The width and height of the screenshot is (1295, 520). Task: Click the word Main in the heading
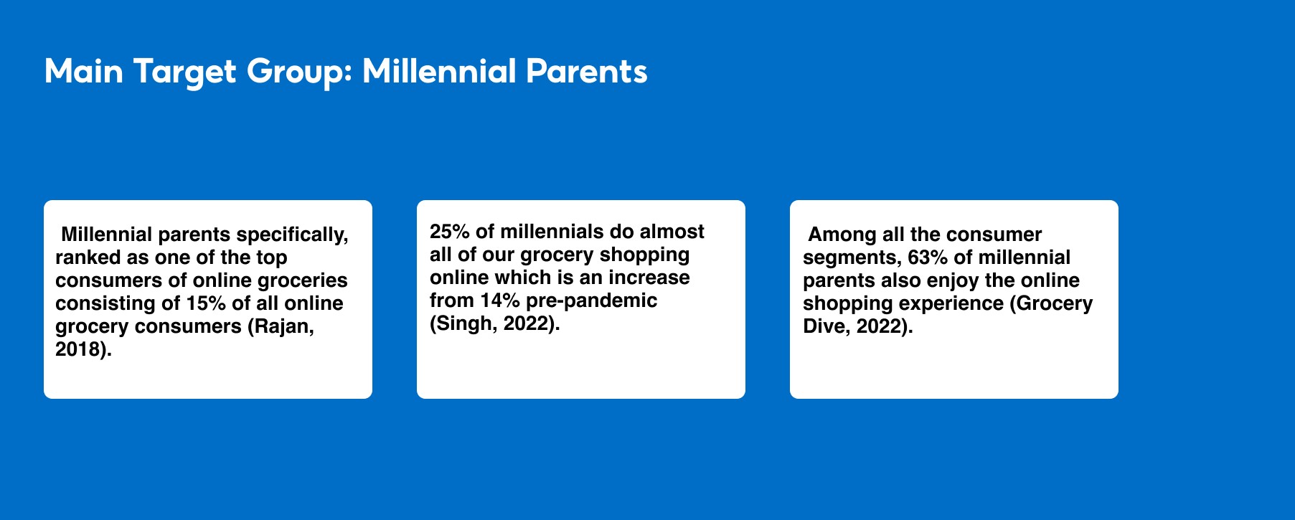tap(84, 72)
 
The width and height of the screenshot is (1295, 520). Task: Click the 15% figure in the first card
tap(205, 303)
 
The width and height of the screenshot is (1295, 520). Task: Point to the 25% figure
tap(450, 232)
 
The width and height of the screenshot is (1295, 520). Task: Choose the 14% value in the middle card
tap(499, 301)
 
